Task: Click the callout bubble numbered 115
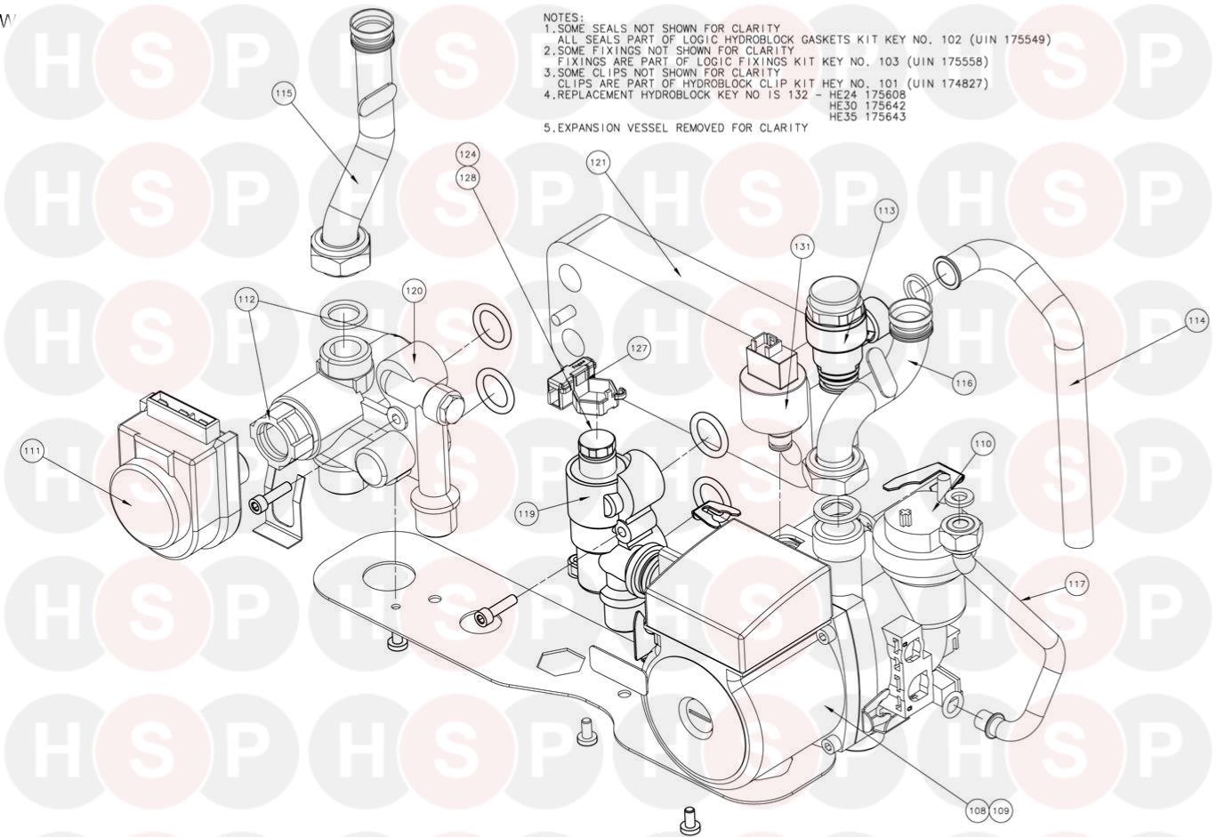coord(284,93)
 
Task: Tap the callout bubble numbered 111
coord(33,451)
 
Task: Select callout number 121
coord(598,163)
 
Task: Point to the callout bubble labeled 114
coord(1197,321)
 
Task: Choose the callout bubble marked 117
coord(1076,584)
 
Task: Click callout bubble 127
coord(639,348)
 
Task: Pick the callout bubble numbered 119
coord(527,513)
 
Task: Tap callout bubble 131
coord(802,247)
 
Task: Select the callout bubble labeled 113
coord(886,210)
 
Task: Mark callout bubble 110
coord(983,444)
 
